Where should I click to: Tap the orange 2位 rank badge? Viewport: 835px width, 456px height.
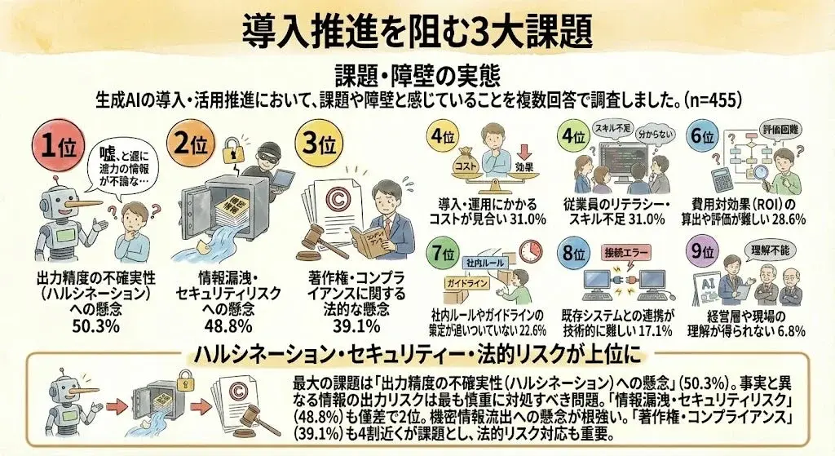(193, 145)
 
